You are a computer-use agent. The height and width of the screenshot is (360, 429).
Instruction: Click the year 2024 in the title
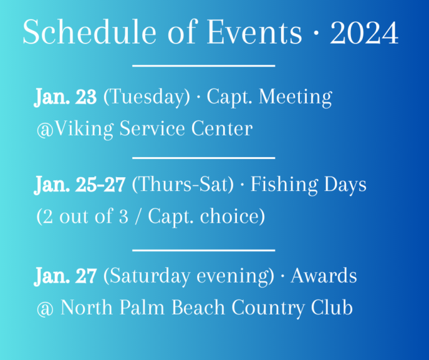click(x=364, y=32)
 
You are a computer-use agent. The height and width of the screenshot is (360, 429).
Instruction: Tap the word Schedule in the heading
click(x=89, y=32)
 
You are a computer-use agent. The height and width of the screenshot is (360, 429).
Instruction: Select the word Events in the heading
click(x=254, y=32)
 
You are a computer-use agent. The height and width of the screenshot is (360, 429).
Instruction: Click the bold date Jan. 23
click(x=65, y=97)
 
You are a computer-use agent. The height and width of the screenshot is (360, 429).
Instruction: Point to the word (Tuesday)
click(x=147, y=97)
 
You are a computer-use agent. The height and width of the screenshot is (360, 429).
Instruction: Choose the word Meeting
click(x=296, y=97)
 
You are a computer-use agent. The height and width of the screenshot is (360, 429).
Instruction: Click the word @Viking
click(x=75, y=129)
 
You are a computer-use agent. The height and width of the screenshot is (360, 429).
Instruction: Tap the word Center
click(x=222, y=129)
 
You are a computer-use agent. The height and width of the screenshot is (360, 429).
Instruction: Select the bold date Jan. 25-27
click(x=80, y=185)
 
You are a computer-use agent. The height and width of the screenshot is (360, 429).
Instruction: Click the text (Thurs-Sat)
click(x=183, y=185)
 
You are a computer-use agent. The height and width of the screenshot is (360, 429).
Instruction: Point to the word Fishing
click(x=284, y=185)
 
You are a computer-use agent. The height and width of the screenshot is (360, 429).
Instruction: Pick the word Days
click(x=345, y=185)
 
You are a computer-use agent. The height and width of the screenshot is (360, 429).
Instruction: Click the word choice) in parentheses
click(x=233, y=216)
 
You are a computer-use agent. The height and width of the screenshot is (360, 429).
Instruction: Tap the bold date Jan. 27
click(x=65, y=276)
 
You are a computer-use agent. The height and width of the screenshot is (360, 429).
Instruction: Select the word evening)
click(x=236, y=276)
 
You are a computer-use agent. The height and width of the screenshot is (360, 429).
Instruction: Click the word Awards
click(x=324, y=276)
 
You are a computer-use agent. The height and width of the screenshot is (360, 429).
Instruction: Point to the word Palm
click(x=142, y=308)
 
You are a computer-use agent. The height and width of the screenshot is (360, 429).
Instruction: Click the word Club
click(x=332, y=308)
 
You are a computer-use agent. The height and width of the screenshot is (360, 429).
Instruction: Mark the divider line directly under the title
click(x=203, y=66)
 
